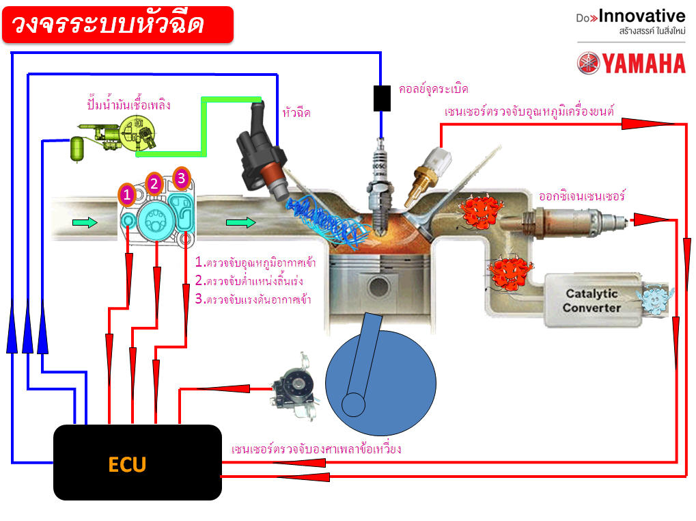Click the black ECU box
tap(137, 463)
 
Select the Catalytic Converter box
tap(591, 301)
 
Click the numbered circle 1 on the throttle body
tap(126, 195)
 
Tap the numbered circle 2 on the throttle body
tap(154, 183)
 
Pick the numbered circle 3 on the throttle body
tap(181, 178)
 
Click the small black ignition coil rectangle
tap(382, 98)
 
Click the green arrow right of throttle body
tap(241, 222)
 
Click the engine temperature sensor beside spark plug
tap(430, 170)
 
